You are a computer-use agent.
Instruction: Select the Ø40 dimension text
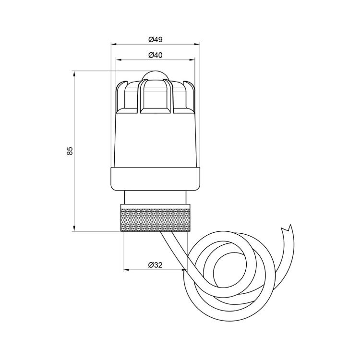155,55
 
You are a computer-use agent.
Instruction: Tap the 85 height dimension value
70,151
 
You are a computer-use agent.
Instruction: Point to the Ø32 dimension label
154,264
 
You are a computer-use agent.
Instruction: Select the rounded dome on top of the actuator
155,76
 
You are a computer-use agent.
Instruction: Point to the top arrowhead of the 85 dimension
75,73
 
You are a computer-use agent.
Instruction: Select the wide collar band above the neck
155,178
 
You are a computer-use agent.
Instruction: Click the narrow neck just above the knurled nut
155,197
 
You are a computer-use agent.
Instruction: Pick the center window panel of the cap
155,98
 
